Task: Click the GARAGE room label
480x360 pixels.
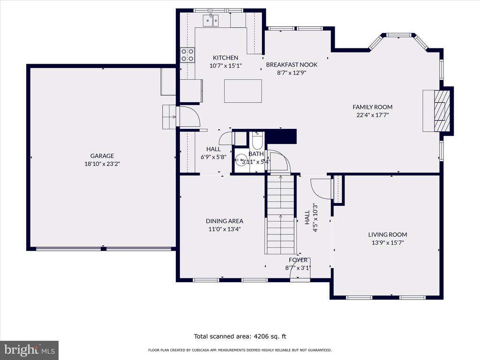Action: pyautogui.click(x=102, y=156)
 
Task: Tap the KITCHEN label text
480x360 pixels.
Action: pyautogui.click(x=225, y=58)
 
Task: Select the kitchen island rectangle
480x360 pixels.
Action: pyautogui.click(x=243, y=91)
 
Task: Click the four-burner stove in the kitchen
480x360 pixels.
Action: pyautogui.click(x=187, y=55)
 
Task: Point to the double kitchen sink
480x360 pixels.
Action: pyautogui.click(x=210, y=21)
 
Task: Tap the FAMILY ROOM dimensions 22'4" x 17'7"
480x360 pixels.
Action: pyautogui.click(x=372, y=115)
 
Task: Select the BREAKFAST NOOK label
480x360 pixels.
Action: pyautogui.click(x=292, y=65)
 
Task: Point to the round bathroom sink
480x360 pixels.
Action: pyautogui.click(x=241, y=159)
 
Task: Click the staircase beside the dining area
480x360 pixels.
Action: pyautogui.click(x=281, y=214)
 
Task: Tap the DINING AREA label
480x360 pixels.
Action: pyautogui.click(x=225, y=221)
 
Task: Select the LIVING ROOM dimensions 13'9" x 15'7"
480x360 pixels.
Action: pyautogui.click(x=388, y=243)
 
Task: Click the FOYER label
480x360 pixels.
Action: pyautogui.click(x=298, y=260)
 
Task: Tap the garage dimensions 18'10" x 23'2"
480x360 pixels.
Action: pyautogui.click(x=102, y=164)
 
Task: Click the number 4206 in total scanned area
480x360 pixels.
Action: pyautogui.click(x=261, y=337)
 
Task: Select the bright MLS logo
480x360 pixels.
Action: pyautogui.click(x=30, y=350)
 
